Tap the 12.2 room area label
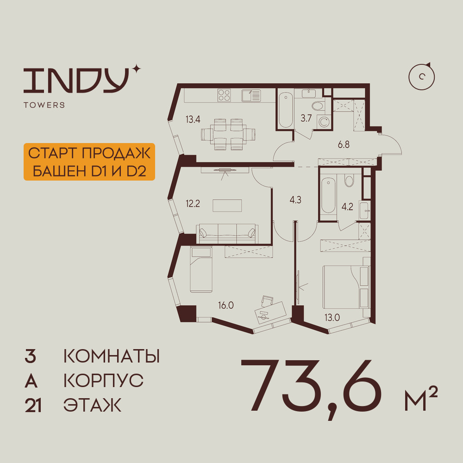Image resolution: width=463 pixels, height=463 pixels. point(193,203)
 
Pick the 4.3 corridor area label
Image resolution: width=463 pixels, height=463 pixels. point(295,200)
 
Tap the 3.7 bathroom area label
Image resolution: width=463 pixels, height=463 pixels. point(306,118)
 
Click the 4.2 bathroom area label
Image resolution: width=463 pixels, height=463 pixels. point(347,207)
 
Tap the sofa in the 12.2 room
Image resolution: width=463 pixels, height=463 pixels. point(227,233)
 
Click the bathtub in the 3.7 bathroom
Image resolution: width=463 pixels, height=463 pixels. point(285,110)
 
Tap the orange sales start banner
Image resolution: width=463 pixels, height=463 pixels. point(89,162)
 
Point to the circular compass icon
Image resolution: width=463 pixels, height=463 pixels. point(422,77)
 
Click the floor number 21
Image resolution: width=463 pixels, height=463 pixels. point(33,406)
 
